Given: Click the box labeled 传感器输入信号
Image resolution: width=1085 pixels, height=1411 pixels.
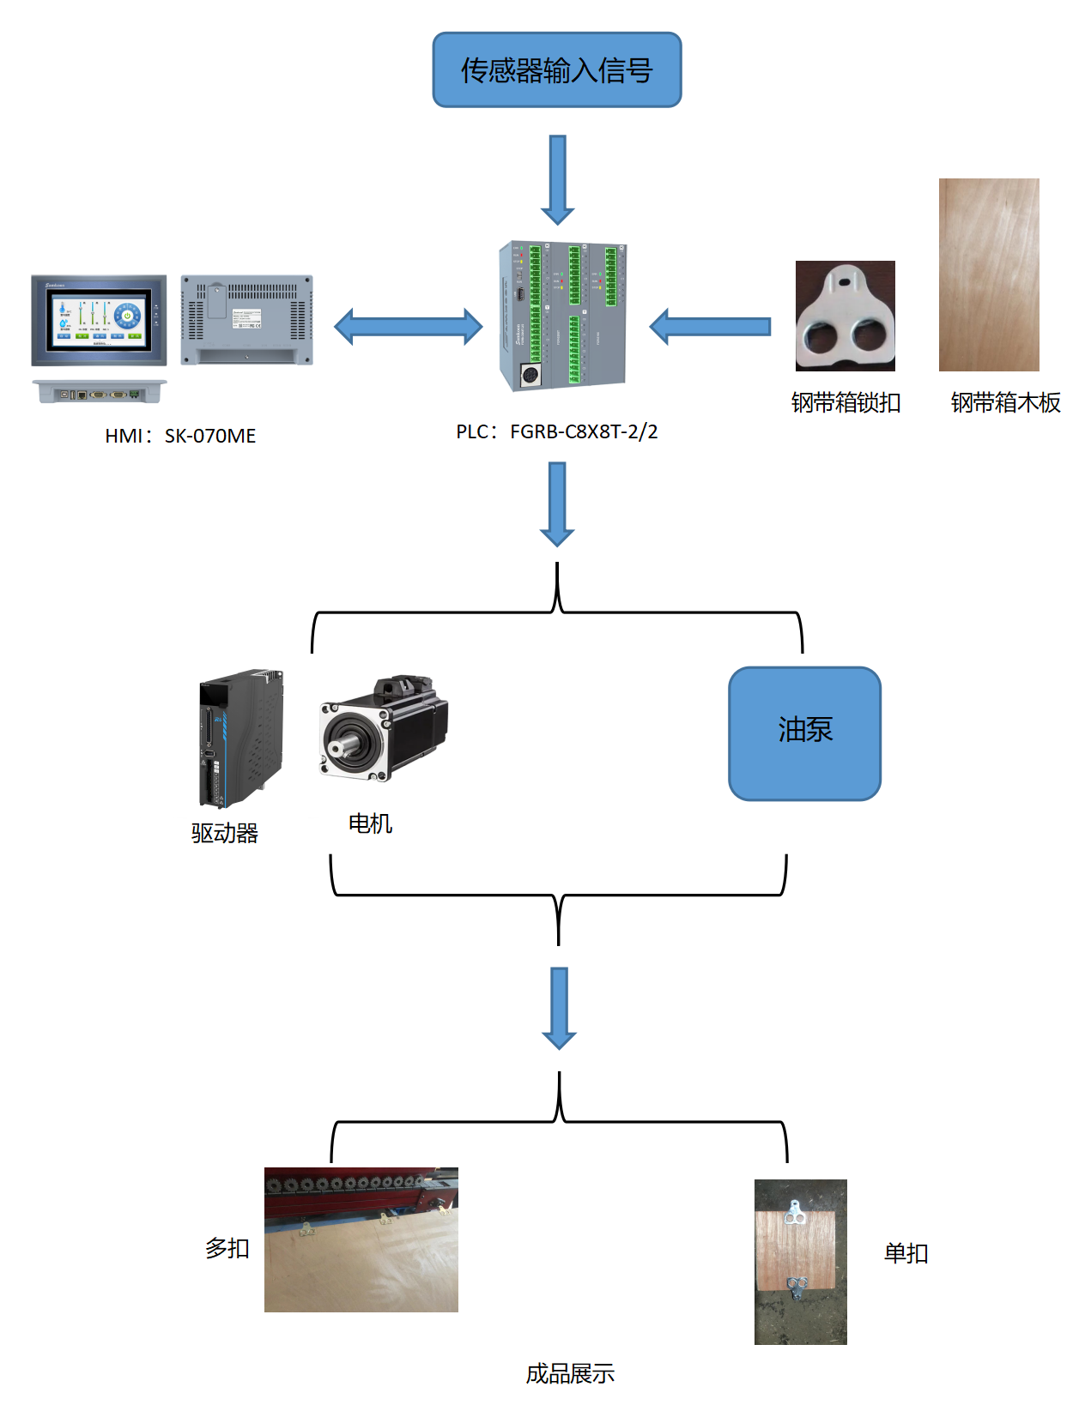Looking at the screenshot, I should point(556,70).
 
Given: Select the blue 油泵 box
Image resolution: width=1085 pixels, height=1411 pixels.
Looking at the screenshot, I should point(804,733).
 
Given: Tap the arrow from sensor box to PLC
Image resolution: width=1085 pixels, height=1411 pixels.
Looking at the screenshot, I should point(557,179).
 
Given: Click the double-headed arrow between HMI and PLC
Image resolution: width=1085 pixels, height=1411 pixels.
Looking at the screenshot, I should point(408,327).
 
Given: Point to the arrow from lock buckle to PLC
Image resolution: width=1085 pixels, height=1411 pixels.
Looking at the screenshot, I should point(710,327).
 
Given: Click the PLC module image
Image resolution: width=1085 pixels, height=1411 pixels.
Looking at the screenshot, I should point(562,316).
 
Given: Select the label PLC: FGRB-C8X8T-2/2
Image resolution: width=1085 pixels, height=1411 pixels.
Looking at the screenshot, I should point(556,431).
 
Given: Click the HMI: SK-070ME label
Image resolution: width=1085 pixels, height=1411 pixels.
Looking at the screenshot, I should point(180,436).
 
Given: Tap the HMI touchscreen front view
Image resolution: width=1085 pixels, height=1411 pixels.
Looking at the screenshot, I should point(99,321).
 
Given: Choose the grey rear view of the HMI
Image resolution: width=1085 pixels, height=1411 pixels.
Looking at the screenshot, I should point(246,320).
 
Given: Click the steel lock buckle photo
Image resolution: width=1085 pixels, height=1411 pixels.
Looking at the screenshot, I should point(845,316).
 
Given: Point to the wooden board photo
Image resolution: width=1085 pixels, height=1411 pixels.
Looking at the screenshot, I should point(989,274).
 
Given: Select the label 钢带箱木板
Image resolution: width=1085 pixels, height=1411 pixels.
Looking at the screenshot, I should point(1005,402).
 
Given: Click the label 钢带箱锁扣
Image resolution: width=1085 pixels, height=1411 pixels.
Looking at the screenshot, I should point(846,402).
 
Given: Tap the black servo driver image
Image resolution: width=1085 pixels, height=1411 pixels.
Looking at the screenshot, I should point(240,738).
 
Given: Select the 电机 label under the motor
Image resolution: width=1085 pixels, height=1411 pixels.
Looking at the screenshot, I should point(370,823).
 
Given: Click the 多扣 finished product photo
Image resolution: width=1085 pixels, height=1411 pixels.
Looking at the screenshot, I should point(361,1239).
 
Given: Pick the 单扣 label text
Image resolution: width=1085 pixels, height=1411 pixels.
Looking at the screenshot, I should point(906,1253).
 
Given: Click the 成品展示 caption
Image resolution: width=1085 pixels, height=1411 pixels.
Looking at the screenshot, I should point(570,1373).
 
